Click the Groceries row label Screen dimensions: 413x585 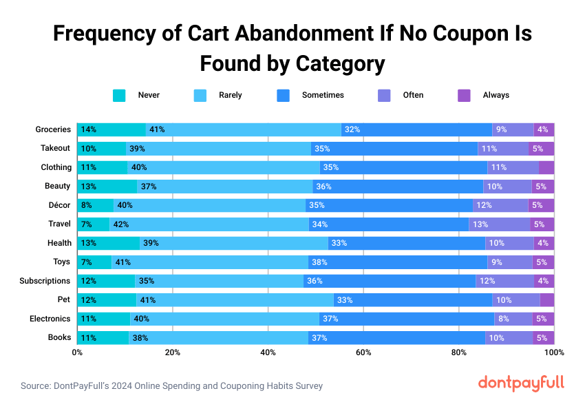point(53,129)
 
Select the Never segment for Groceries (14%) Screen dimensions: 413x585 point(111,129)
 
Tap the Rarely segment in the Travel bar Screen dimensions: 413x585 point(209,224)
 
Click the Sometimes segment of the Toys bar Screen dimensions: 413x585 point(398,262)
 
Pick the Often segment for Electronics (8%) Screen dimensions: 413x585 point(513,319)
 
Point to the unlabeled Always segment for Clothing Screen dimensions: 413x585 point(546,167)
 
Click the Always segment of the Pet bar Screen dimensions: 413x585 point(547,299)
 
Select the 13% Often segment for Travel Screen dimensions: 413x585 point(500,224)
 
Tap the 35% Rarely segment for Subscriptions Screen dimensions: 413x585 point(220,281)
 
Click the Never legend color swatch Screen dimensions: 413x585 point(119,95)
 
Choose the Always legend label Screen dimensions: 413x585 point(496,95)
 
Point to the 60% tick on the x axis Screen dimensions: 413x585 point(363,352)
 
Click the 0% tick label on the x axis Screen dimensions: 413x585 point(77,352)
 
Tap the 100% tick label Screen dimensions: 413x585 point(554,352)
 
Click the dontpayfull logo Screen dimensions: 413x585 point(520,383)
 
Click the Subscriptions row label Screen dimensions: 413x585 point(45,281)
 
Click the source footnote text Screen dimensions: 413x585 point(171,386)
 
